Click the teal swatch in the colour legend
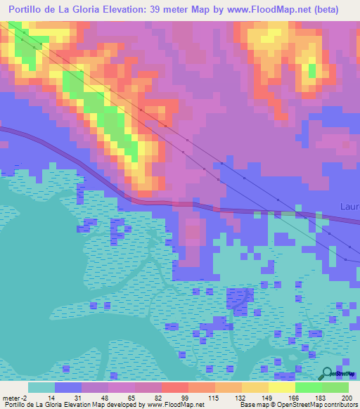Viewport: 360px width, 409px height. tap(41, 387)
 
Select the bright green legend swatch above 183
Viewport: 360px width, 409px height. tap(309, 387)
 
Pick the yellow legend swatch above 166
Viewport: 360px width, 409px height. tap(282, 387)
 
